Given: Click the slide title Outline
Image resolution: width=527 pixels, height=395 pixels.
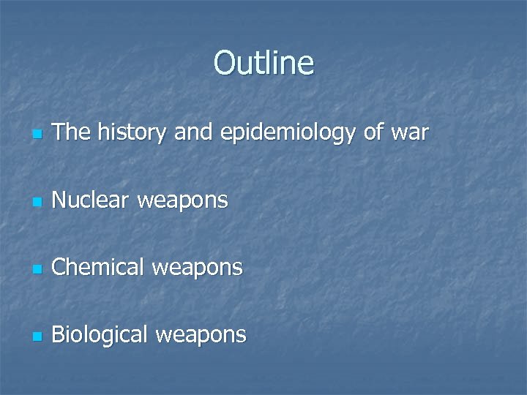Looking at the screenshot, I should (x=263, y=63).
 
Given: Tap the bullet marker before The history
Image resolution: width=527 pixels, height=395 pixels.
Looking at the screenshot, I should (x=37, y=135).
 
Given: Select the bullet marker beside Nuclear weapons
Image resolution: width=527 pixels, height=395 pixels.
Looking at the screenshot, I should (x=37, y=200).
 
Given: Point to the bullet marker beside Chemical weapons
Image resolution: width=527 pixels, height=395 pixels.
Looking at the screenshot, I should (x=37, y=269).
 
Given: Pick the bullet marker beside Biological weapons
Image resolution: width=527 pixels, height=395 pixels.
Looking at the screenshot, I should (x=37, y=336).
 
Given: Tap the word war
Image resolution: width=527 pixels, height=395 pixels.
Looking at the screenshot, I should (x=410, y=133).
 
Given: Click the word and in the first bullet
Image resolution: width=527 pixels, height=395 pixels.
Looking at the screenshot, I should (x=193, y=133).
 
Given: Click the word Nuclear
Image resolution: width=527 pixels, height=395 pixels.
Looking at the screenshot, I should (x=92, y=199).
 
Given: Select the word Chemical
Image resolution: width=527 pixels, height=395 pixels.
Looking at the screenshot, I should (x=99, y=268).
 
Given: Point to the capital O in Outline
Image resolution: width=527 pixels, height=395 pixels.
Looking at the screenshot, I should (x=224, y=63).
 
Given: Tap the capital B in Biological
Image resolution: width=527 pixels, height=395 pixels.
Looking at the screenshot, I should (x=59, y=335).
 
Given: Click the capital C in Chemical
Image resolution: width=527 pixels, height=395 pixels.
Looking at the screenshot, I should (x=60, y=268).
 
